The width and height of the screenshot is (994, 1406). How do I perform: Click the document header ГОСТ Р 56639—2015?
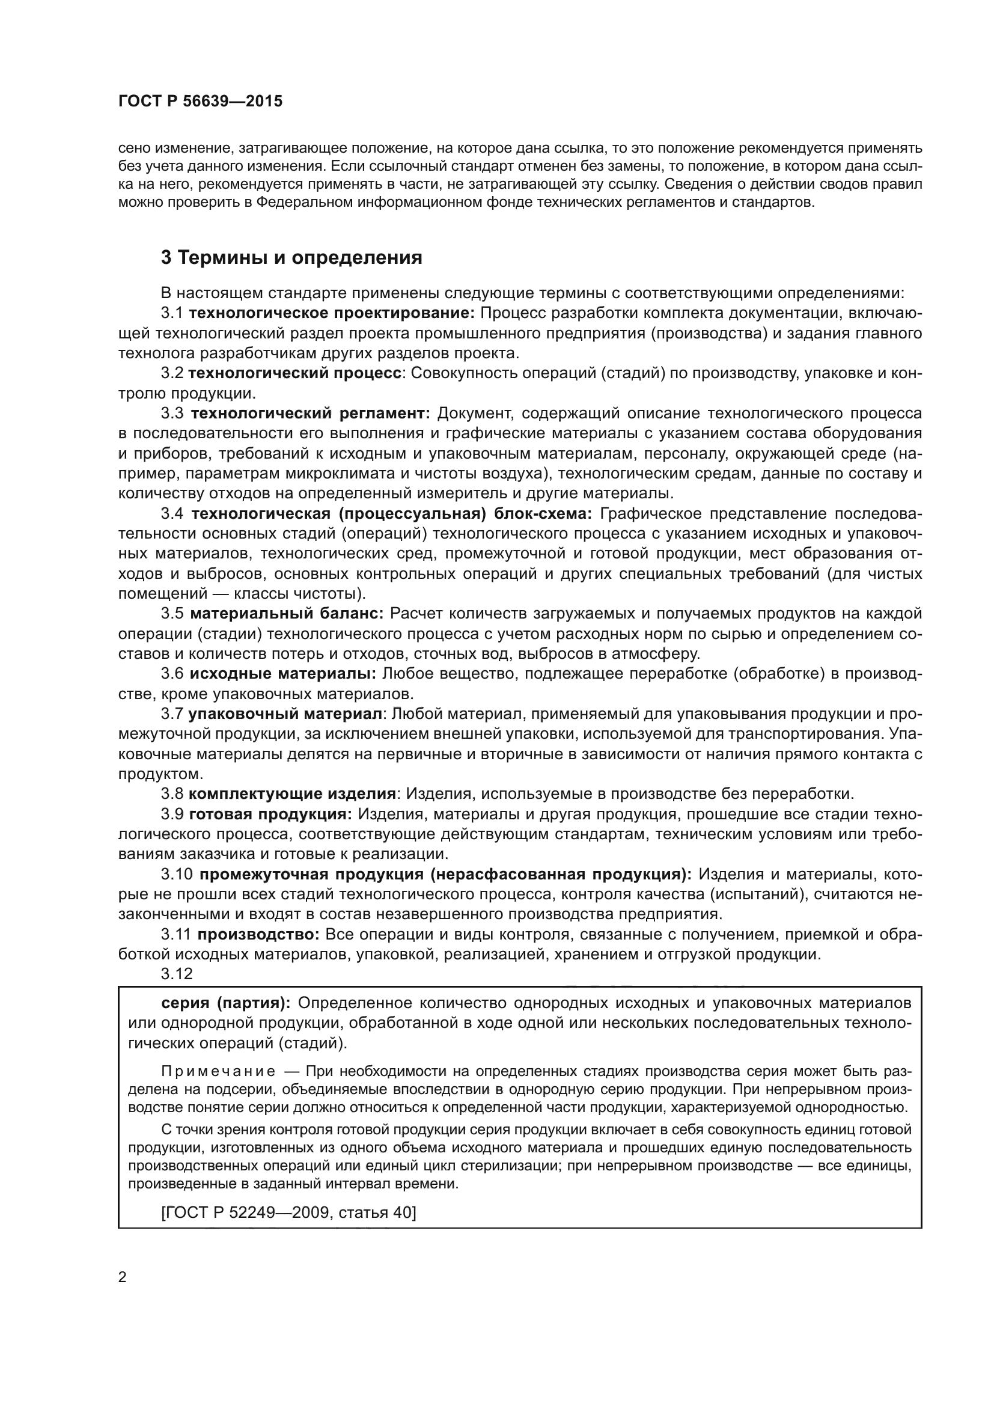click(x=200, y=102)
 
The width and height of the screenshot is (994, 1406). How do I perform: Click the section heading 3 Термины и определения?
click(x=291, y=258)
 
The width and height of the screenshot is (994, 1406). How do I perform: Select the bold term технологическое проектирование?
click(x=331, y=313)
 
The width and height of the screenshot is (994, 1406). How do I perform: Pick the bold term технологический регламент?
click(x=311, y=414)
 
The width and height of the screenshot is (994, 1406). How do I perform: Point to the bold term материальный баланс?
click(x=287, y=614)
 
